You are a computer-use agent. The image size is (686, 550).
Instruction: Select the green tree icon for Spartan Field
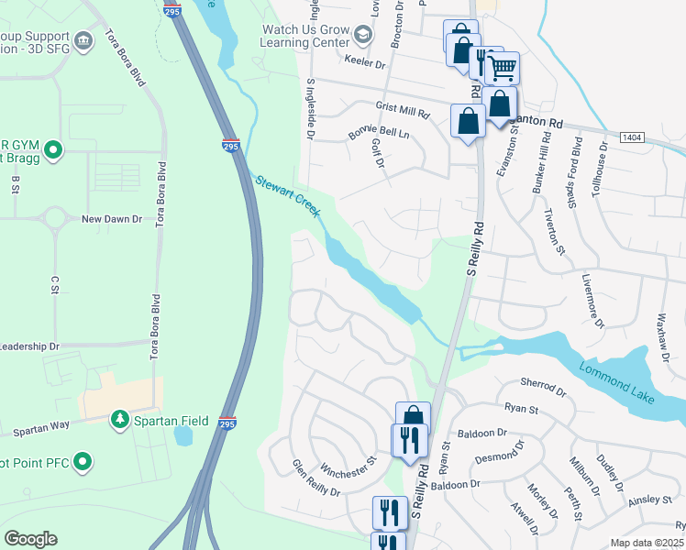(x=119, y=419)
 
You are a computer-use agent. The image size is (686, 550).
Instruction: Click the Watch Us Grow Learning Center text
(x=304, y=36)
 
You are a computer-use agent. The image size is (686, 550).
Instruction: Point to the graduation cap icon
(x=362, y=36)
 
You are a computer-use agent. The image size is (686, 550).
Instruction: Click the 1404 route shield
(x=631, y=137)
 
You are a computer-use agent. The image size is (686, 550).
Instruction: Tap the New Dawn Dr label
(x=112, y=219)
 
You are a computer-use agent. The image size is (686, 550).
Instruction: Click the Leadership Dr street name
(x=29, y=346)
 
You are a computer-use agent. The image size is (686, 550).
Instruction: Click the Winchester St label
(x=347, y=473)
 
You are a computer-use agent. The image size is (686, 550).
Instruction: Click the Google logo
(x=30, y=539)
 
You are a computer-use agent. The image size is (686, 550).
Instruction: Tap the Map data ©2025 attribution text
(x=647, y=543)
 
